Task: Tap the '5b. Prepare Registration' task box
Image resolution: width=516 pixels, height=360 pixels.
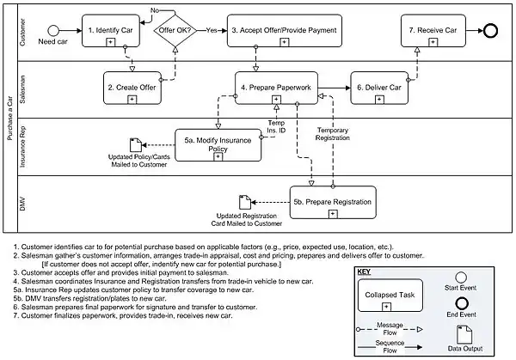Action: coord(333,201)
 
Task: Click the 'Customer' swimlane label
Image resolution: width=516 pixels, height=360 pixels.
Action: coord(21,31)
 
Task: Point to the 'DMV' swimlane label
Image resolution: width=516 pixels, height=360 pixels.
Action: coord(21,201)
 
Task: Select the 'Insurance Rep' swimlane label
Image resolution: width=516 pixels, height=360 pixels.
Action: coord(21,143)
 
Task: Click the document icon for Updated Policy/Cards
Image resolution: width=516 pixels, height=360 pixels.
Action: coord(135,145)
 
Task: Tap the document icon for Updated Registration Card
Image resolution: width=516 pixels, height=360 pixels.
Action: coord(244,202)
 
